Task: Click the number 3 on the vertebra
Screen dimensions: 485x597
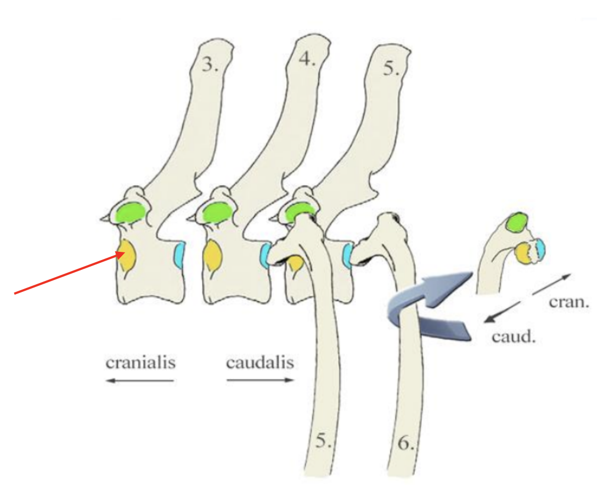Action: click(209, 64)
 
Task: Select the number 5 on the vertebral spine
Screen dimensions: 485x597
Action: click(391, 70)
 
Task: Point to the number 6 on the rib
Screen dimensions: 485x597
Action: click(405, 443)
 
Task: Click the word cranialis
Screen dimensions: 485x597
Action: click(140, 363)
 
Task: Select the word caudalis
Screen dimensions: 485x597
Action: click(260, 363)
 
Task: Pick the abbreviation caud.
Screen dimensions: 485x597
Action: click(513, 336)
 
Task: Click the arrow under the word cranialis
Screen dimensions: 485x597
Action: click(140, 380)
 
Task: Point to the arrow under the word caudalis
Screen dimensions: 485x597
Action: click(260, 380)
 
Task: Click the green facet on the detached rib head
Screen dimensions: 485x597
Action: click(516, 222)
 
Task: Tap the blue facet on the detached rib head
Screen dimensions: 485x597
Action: click(539, 248)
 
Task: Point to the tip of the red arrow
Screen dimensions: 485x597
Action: click(123, 252)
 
